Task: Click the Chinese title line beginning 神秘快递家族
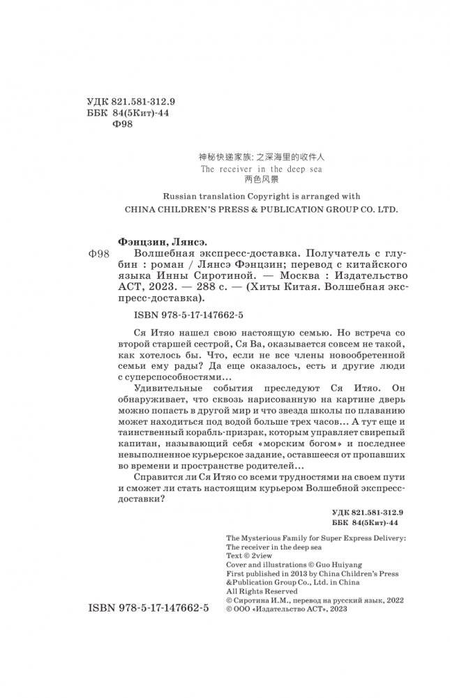244,158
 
